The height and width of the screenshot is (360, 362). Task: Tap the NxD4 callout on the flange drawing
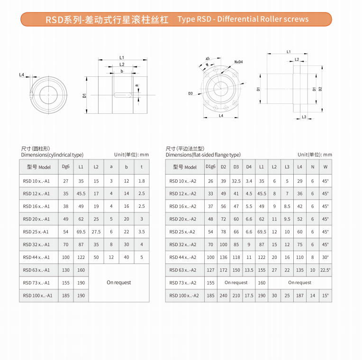coord(238,62)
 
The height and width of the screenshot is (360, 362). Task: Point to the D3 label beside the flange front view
coord(190,93)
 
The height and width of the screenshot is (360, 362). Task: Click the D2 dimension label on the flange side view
coord(320,89)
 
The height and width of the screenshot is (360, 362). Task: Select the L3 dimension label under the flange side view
coord(304,117)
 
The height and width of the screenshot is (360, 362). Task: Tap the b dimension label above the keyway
coord(122,71)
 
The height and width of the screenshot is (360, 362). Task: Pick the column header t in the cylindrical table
coord(141,167)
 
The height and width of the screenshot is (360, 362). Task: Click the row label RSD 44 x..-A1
coord(36,257)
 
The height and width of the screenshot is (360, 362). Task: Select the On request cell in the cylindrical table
coord(118,283)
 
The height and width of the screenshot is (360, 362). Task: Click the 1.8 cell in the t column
coord(141,181)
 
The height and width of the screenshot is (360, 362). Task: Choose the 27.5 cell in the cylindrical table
coord(96,231)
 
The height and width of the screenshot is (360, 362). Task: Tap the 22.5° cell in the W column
coord(325,270)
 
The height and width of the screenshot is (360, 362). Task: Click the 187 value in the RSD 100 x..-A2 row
coord(300,295)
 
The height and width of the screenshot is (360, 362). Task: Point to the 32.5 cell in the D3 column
coord(236,181)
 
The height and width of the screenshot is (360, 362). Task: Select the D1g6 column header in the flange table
coord(210,167)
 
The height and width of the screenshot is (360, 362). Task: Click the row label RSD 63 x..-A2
coord(183,270)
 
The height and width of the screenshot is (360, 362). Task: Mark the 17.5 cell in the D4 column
coord(249,295)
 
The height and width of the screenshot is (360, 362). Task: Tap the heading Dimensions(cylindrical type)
coord(52,155)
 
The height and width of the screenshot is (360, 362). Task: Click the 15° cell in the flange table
coord(325,295)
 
